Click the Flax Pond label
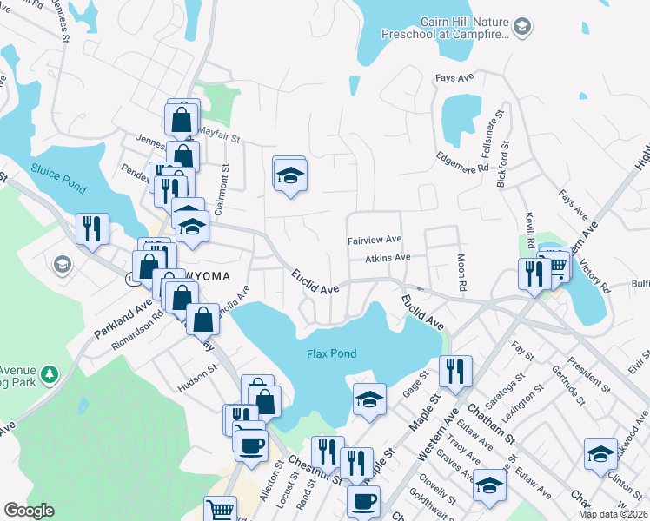[x=332, y=353]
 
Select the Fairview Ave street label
[x=375, y=240]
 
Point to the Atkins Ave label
[x=388, y=258]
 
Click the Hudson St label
[x=197, y=374]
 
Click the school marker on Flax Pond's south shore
[x=369, y=399]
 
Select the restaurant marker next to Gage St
[x=455, y=371]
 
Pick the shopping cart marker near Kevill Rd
[x=557, y=264]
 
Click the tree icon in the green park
[x=50, y=374]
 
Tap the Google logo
[x=29, y=511]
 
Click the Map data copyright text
[x=612, y=514]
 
